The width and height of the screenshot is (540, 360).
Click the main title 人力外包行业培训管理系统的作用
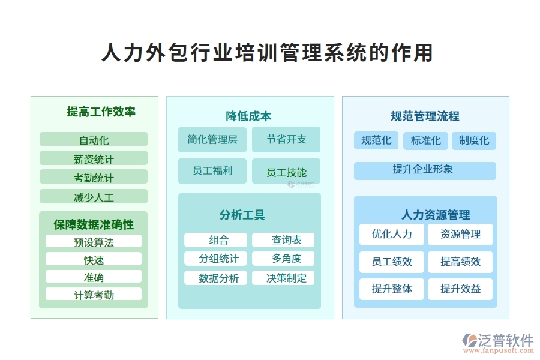coord(268,53)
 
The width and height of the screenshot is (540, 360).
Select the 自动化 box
coord(94,140)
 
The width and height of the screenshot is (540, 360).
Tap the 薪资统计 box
coord(94,158)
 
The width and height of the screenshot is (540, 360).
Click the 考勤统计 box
coord(94,177)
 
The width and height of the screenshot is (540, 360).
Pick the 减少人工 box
coord(94,196)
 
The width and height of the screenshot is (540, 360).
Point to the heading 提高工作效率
coord(101,112)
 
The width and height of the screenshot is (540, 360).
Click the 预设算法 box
coord(94,241)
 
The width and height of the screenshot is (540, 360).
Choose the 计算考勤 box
coord(94,294)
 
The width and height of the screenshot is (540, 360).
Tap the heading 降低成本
coord(248,116)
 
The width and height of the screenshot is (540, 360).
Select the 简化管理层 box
coord(212,139)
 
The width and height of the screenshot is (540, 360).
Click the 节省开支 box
coord(286,139)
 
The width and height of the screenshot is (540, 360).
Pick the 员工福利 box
coord(212,171)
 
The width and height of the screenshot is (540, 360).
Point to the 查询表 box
coord(283,240)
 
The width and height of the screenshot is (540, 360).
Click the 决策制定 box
coord(283,278)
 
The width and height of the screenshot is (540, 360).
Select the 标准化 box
coord(425,140)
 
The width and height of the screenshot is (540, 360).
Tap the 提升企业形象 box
coord(425,170)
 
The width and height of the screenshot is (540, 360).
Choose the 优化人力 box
coord(392,234)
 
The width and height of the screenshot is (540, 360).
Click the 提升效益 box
coord(460,289)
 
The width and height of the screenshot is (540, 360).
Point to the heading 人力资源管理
coord(436,215)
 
